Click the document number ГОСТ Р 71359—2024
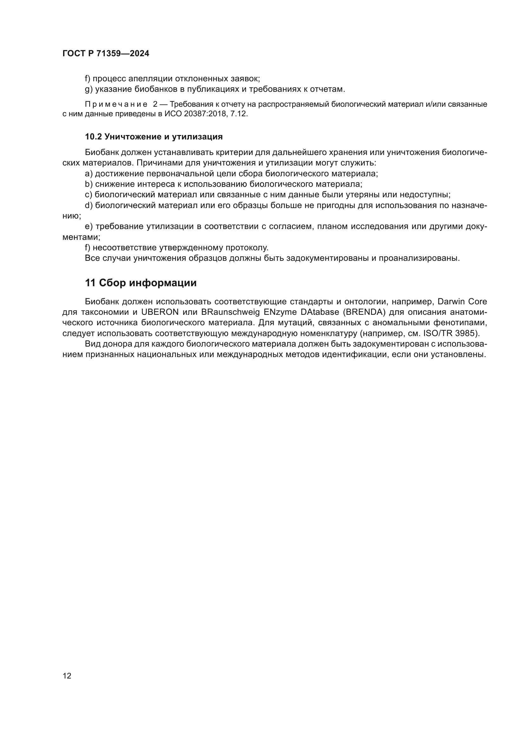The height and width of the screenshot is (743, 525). click(x=106, y=54)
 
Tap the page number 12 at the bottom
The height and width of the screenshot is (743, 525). click(x=67, y=676)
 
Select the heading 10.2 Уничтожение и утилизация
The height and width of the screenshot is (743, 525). click(x=154, y=137)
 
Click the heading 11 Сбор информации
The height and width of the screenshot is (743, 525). click(x=141, y=283)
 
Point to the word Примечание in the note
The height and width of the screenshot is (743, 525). click(x=116, y=104)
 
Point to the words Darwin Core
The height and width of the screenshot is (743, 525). click(x=462, y=301)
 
